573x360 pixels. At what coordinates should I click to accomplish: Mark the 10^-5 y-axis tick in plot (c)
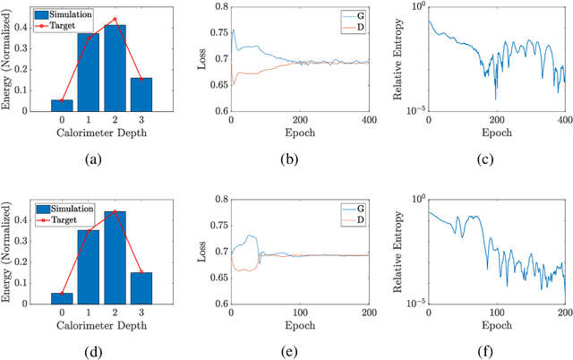point(413,110)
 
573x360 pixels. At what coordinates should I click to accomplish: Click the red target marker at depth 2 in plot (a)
point(114,19)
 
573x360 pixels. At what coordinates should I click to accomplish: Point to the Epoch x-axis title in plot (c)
point(497,133)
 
